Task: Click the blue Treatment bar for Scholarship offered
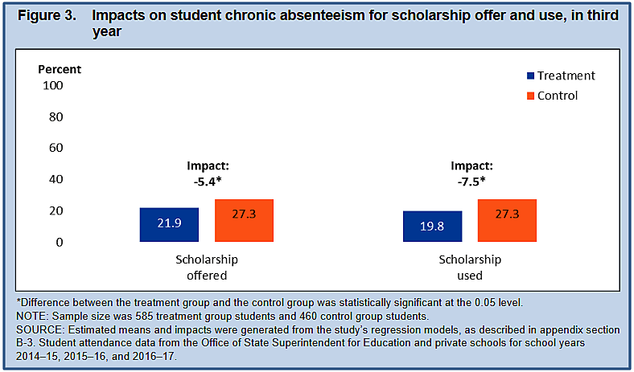click(x=169, y=225)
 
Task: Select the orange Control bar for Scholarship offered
click(x=245, y=220)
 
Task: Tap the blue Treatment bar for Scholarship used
click(x=432, y=227)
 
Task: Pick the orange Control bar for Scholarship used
click(x=508, y=220)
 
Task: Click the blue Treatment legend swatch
click(x=530, y=76)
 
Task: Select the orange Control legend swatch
click(x=530, y=96)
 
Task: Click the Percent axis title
click(x=60, y=69)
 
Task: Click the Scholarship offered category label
click(x=207, y=268)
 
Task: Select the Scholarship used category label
click(x=470, y=268)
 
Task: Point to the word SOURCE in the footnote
click(x=43, y=330)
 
